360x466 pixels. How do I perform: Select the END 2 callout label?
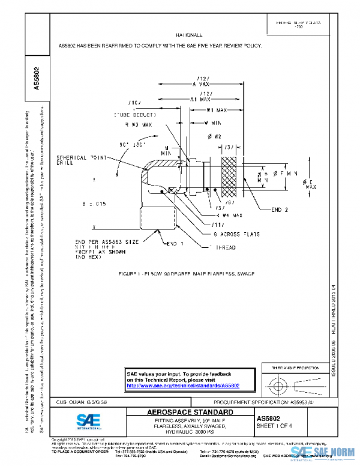(x=268, y=209)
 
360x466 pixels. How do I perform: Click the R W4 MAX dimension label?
(x=211, y=214)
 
